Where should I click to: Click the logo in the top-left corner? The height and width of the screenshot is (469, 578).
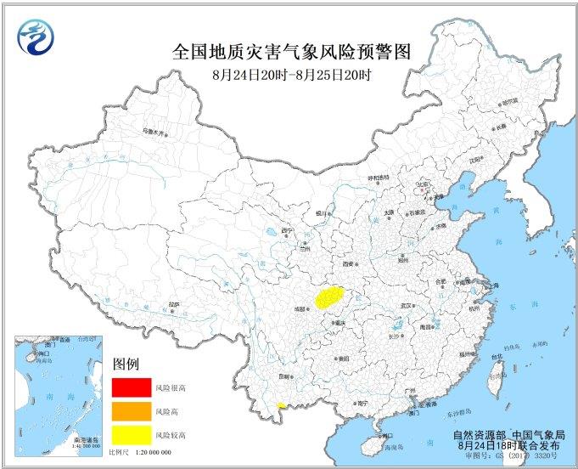[35, 37]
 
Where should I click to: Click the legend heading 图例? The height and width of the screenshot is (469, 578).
[125, 364]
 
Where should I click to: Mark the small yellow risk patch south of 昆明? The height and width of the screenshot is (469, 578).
[282, 406]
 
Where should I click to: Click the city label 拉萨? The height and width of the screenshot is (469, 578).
[173, 303]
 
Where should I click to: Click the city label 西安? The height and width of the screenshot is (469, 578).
[351, 265]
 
